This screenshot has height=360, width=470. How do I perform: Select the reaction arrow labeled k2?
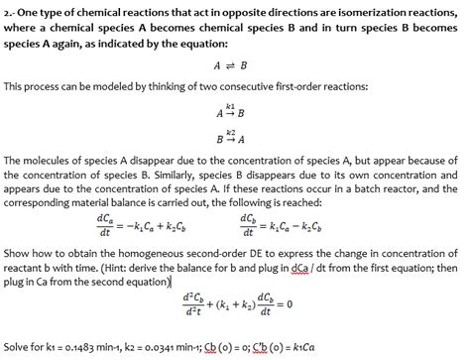(230, 137)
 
